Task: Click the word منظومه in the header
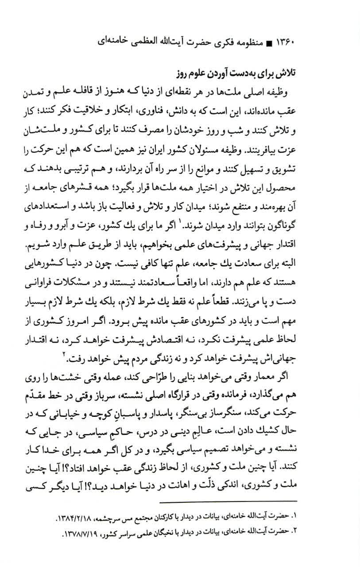251,43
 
